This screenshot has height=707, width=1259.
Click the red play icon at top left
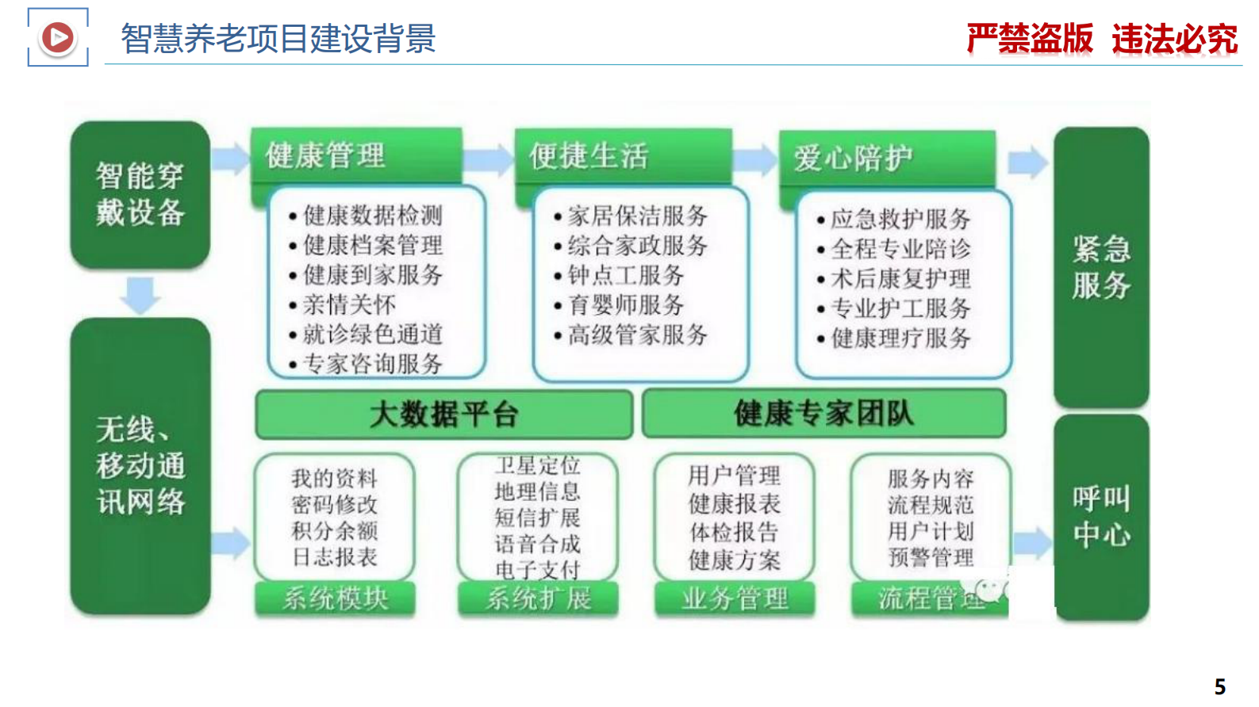[57, 37]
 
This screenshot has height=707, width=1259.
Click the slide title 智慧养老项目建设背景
[278, 38]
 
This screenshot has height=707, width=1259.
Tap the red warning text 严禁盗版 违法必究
[1101, 39]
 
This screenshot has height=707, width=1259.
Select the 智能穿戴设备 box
[140, 194]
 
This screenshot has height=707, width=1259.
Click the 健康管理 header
[325, 155]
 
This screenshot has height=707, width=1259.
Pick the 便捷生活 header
[589, 156]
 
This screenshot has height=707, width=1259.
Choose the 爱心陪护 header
[853, 158]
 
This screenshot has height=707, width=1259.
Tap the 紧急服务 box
[1100, 267]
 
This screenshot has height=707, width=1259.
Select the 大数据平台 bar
[443, 414]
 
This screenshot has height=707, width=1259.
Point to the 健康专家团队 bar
[823, 413]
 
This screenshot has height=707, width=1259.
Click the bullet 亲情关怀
[349, 304]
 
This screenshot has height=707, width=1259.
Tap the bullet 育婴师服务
[626, 304]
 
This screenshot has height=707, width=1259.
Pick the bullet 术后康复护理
[900, 278]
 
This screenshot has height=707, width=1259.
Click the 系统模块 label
[335, 598]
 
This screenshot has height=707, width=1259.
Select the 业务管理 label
[735, 598]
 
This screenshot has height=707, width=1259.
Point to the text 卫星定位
[537, 465]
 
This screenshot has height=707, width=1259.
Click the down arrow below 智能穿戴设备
[140, 294]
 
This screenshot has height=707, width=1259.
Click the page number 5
[1219, 686]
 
